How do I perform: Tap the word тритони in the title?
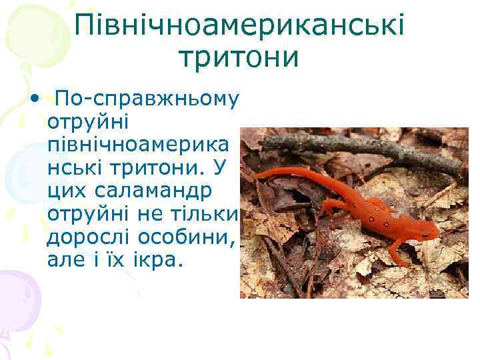pos(239,58)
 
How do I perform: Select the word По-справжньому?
pos(147,100)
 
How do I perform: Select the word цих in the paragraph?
pos(67,191)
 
